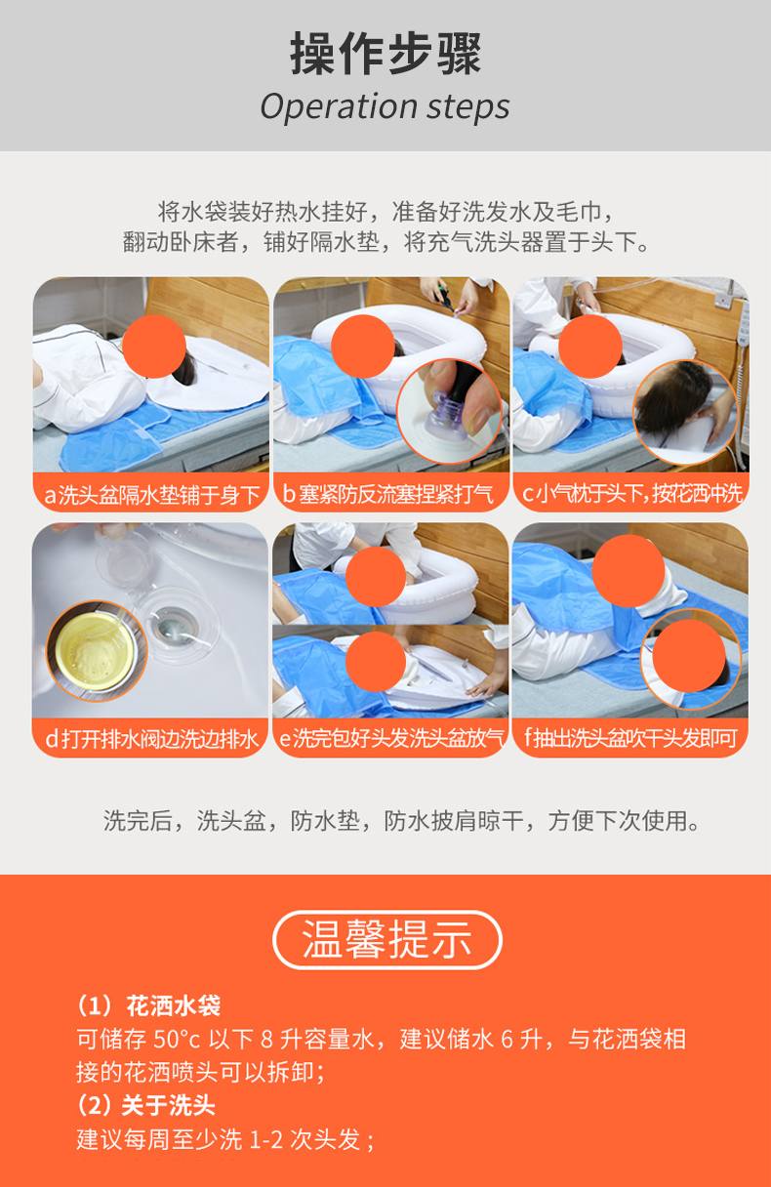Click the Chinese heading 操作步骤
click(x=385, y=53)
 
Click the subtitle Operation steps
click(x=385, y=107)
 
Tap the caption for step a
click(x=151, y=495)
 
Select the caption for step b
click(x=387, y=494)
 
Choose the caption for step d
click(x=151, y=739)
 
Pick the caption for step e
click(x=391, y=738)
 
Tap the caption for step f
click(x=630, y=738)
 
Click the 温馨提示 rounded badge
click(x=386, y=940)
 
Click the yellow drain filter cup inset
click(x=96, y=651)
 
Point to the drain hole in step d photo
click(x=172, y=626)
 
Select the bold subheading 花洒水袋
click(x=174, y=1005)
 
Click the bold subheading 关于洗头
click(x=169, y=1105)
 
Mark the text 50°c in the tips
click(x=177, y=1040)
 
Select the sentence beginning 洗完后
click(x=402, y=821)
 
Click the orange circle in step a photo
click(x=153, y=347)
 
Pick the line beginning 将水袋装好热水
click(x=385, y=212)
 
